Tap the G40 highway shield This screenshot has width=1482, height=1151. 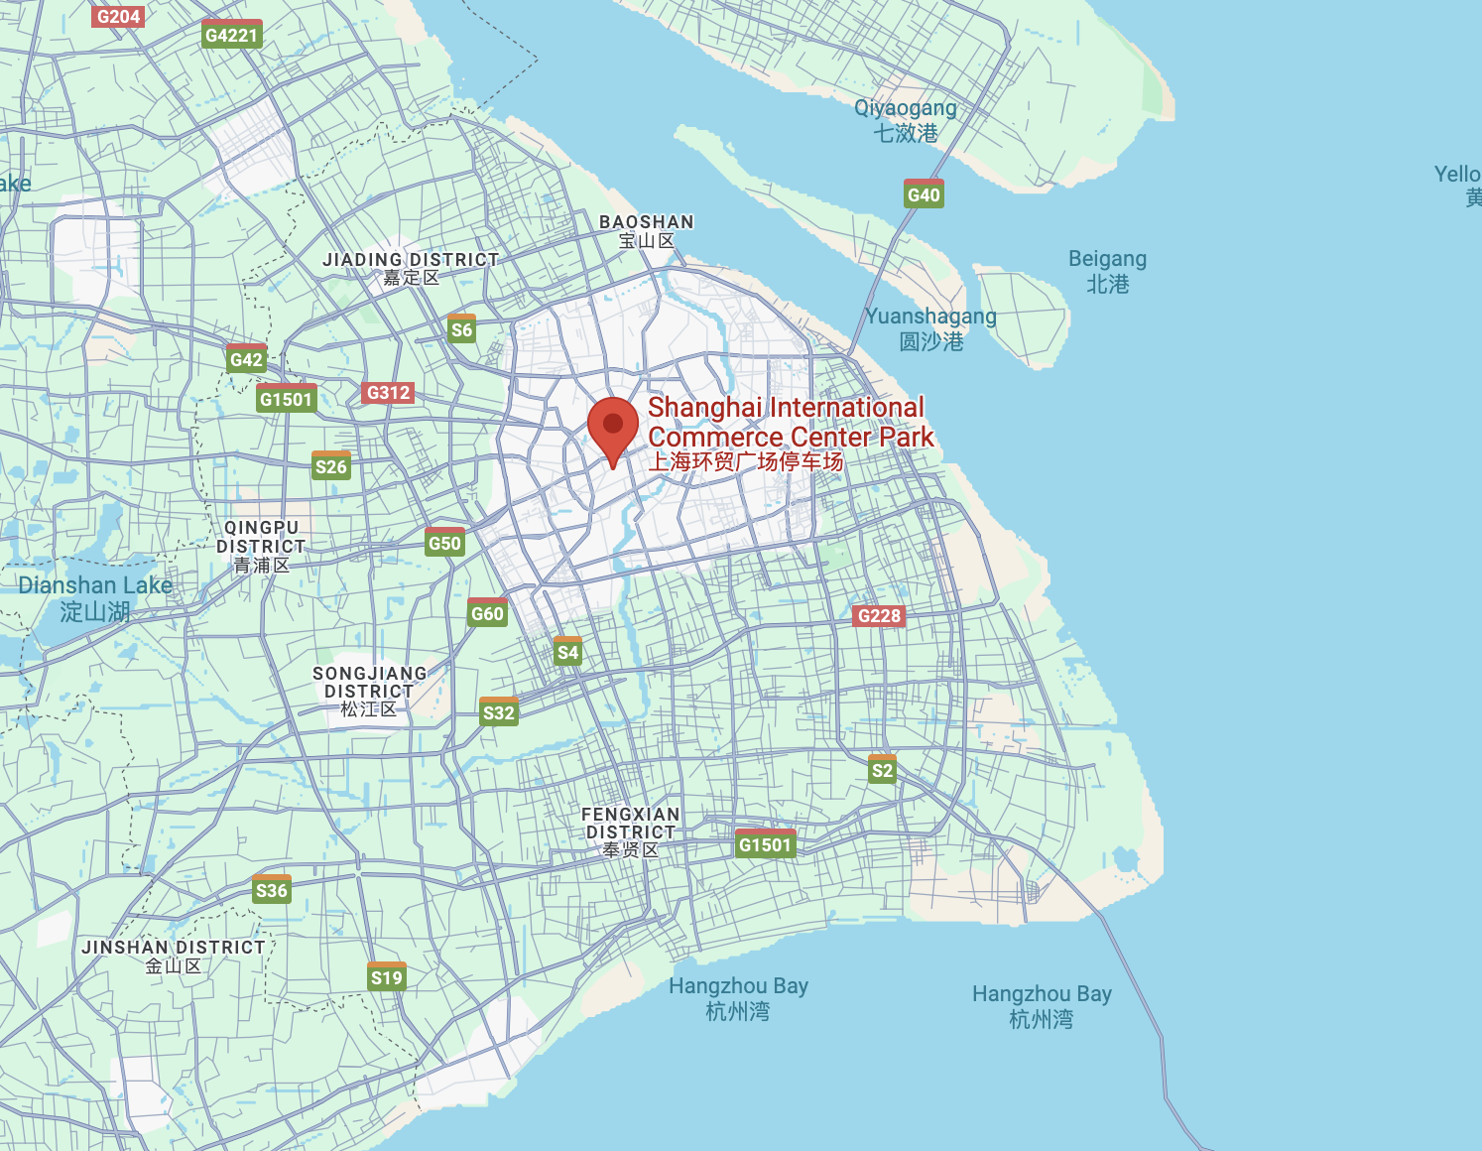click(x=924, y=193)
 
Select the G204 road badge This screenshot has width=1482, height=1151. click(x=118, y=16)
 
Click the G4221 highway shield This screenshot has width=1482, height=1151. click(x=231, y=35)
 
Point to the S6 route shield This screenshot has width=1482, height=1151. click(x=461, y=329)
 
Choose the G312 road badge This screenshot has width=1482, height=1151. click(x=388, y=392)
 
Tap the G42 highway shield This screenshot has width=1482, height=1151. click(x=246, y=359)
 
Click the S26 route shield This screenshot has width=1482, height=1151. click(x=331, y=465)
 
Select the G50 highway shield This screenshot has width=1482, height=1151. click(x=444, y=542)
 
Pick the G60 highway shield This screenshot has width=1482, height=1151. click(x=487, y=612)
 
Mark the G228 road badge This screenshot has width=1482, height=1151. click(x=879, y=615)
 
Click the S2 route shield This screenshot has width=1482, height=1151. click(x=882, y=769)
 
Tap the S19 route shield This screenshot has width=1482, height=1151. click(x=387, y=976)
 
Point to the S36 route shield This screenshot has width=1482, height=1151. click(x=272, y=889)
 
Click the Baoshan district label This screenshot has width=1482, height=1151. click(x=646, y=231)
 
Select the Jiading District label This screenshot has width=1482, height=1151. click(x=411, y=268)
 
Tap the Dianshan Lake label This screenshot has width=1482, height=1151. click(x=95, y=598)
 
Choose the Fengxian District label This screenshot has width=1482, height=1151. click(x=631, y=831)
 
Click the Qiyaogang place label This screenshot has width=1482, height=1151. click(x=906, y=120)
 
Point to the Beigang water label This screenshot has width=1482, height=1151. click(x=1107, y=271)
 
